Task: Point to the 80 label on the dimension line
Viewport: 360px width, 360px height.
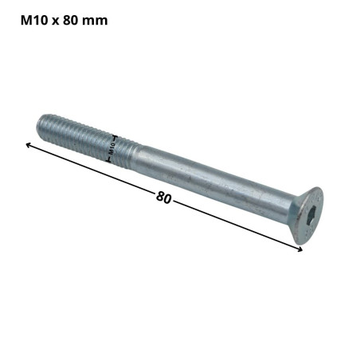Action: [x=164, y=196]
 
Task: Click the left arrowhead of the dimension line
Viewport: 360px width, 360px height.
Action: [x=28, y=144]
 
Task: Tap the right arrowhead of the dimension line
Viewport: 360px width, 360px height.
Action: [x=301, y=250]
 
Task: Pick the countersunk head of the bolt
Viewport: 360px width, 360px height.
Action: [x=306, y=217]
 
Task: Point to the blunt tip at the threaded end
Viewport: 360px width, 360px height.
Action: [x=41, y=124]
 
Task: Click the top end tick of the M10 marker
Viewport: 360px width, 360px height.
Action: [x=116, y=137]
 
